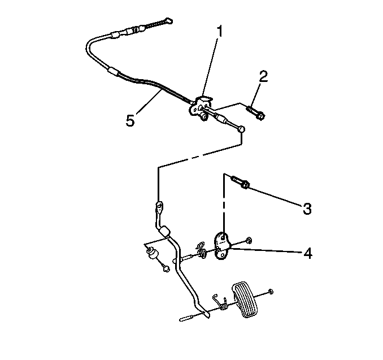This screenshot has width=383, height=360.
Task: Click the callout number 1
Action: (x=220, y=31)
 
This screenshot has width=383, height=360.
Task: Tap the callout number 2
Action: (x=263, y=76)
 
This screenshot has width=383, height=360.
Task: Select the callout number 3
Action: (x=307, y=209)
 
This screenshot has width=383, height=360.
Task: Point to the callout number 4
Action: (x=308, y=253)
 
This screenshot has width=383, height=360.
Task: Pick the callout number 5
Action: (x=130, y=120)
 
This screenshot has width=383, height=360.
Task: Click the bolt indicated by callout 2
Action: (x=255, y=112)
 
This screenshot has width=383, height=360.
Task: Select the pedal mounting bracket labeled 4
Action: (x=222, y=245)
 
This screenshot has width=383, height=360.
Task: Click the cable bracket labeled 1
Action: (x=201, y=107)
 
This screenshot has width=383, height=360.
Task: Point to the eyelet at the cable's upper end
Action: (x=168, y=21)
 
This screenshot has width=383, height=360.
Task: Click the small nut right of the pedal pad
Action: (x=270, y=291)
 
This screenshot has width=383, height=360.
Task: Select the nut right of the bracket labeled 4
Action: (x=249, y=240)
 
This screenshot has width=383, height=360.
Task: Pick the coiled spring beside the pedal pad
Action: (x=221, y=302)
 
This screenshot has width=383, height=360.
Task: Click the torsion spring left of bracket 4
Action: (x=202, y=250)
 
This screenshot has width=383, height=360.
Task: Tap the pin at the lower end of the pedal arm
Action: (x=187, y=319)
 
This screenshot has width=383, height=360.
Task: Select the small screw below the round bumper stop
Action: (x=166, y=268)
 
